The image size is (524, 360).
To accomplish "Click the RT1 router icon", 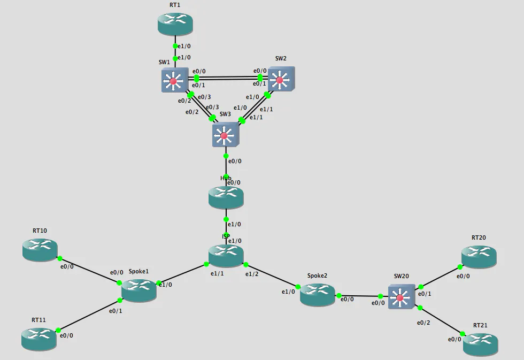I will (x=175, y=24).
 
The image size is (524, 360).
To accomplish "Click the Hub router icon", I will (x=226, y=197).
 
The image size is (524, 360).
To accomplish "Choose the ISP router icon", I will (x=226, y=255).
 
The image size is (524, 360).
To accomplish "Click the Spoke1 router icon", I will (x=138, y=289).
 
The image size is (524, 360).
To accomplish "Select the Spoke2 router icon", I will (x=317, y=294).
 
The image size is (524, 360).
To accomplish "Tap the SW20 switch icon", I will (x=402, y=297).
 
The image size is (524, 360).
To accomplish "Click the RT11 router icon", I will (x=38, y=338).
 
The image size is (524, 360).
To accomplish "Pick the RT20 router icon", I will (x=479, y=256).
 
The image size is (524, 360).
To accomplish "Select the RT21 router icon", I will (x=480, y=344).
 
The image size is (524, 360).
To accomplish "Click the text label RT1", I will (x=175, y=5).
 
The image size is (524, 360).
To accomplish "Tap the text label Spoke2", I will (x=317, y=276).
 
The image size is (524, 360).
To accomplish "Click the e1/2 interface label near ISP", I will (x=251, y=274).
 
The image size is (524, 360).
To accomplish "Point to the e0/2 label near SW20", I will (x=423, y=323).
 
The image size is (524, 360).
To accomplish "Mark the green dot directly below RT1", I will (x=175, y=46).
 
